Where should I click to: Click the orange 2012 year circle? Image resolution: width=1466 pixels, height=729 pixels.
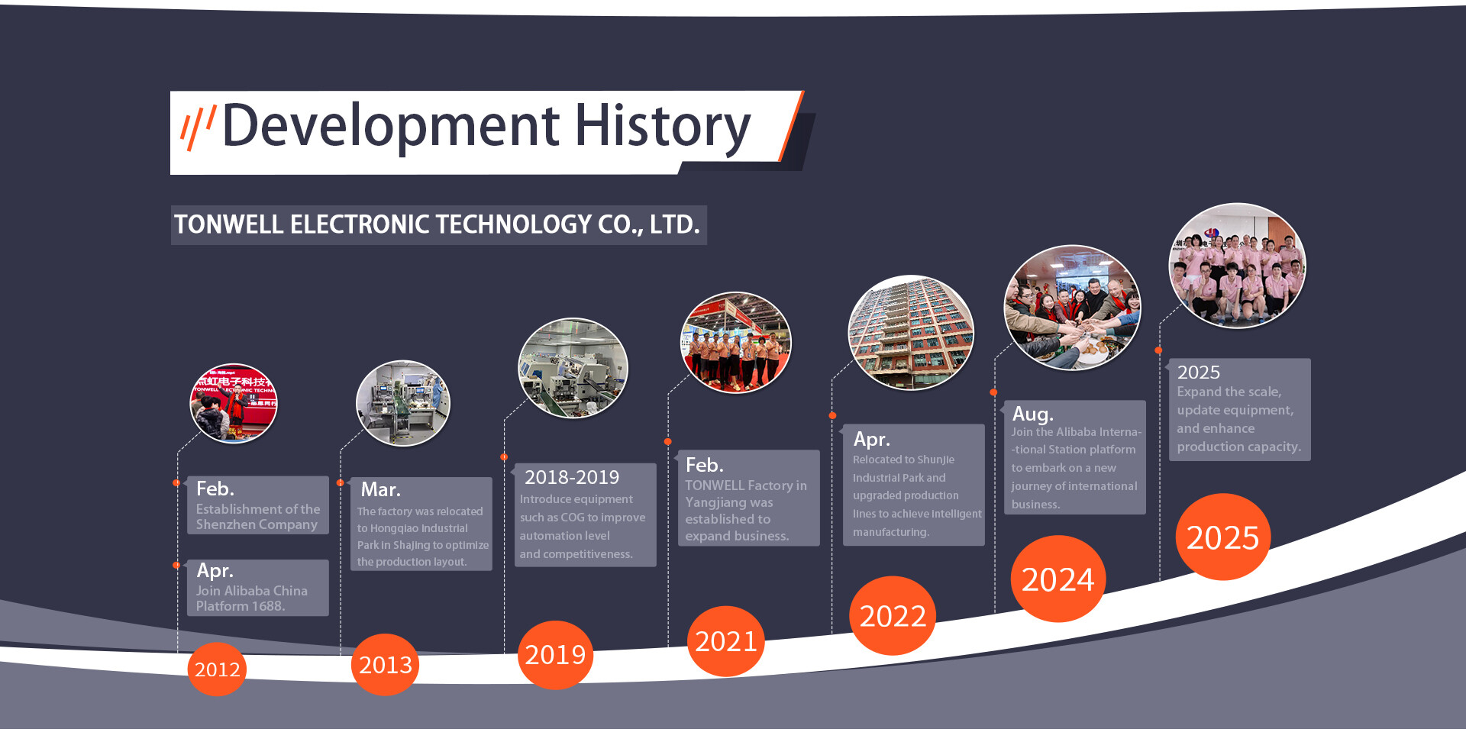coord(217,669)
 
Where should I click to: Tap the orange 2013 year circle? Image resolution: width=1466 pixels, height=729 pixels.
coord(385,665)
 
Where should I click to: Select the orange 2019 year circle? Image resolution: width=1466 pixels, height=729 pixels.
coord(555,655)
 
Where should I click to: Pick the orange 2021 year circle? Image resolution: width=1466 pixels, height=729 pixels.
coord(725,641)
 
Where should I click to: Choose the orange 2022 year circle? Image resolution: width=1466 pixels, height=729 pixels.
coord(893,616)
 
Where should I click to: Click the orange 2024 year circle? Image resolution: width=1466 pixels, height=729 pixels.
coord(1058,579)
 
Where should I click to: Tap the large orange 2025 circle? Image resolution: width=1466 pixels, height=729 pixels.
coord(1222,537)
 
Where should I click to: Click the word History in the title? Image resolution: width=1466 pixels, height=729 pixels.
coord(663,127)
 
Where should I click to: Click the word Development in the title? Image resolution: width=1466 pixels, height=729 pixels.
coord(391,127)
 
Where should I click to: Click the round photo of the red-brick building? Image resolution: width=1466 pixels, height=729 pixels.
coord(911,333)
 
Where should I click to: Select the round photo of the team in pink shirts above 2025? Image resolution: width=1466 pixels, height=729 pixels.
coord(1237,266)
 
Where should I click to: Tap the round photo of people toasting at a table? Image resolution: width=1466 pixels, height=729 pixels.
coord(1072,308)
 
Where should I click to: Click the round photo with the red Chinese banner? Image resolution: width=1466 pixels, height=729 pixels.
coord(234,403)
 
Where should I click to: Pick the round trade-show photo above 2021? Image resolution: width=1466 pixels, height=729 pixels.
coord(735,343)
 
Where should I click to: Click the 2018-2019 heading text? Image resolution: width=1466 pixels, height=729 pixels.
coord(572,478)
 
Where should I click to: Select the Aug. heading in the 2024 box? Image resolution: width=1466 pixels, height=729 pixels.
coord(1032,414)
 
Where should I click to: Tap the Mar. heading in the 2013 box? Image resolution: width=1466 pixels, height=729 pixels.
coord(380,489)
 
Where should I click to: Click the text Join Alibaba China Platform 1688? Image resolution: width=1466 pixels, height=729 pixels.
coord(251,598)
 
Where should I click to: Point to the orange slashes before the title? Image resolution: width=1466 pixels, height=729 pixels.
coord(198,126)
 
